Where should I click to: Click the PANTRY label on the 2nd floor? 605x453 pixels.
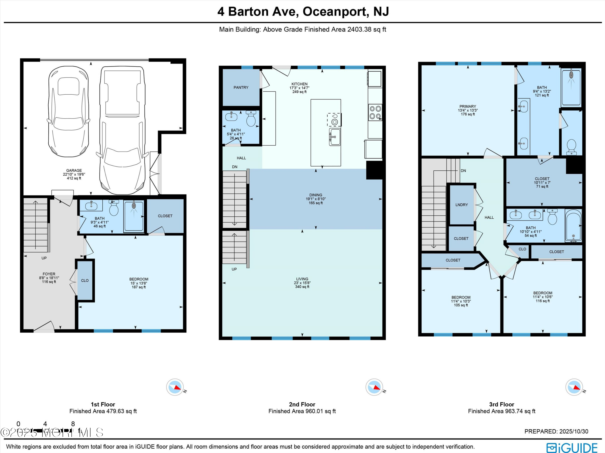tap(241, 88)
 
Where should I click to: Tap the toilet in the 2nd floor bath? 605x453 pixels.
tap(251, 118)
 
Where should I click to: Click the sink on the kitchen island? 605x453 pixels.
tap(335, 137)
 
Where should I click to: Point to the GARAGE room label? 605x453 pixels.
tap(74, 170)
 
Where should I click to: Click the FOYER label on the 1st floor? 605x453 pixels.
tap(49, 274)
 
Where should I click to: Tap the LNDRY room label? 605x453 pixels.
tap(462, 205)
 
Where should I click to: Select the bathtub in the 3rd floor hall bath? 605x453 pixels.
tap(573, 226)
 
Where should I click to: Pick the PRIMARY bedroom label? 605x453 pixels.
tap(468, 106)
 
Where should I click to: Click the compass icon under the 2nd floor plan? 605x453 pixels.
tap(374, 387)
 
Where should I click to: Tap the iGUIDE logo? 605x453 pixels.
tap(572, 448)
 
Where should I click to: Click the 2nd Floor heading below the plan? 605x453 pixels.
tap(302, 404)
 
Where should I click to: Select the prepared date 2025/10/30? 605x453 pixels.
tap(574, 431)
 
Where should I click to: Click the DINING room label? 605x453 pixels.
tap(316, 195)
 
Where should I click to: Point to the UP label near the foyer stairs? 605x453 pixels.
tap(44, 258)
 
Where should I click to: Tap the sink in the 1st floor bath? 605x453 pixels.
tap(91, 206)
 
